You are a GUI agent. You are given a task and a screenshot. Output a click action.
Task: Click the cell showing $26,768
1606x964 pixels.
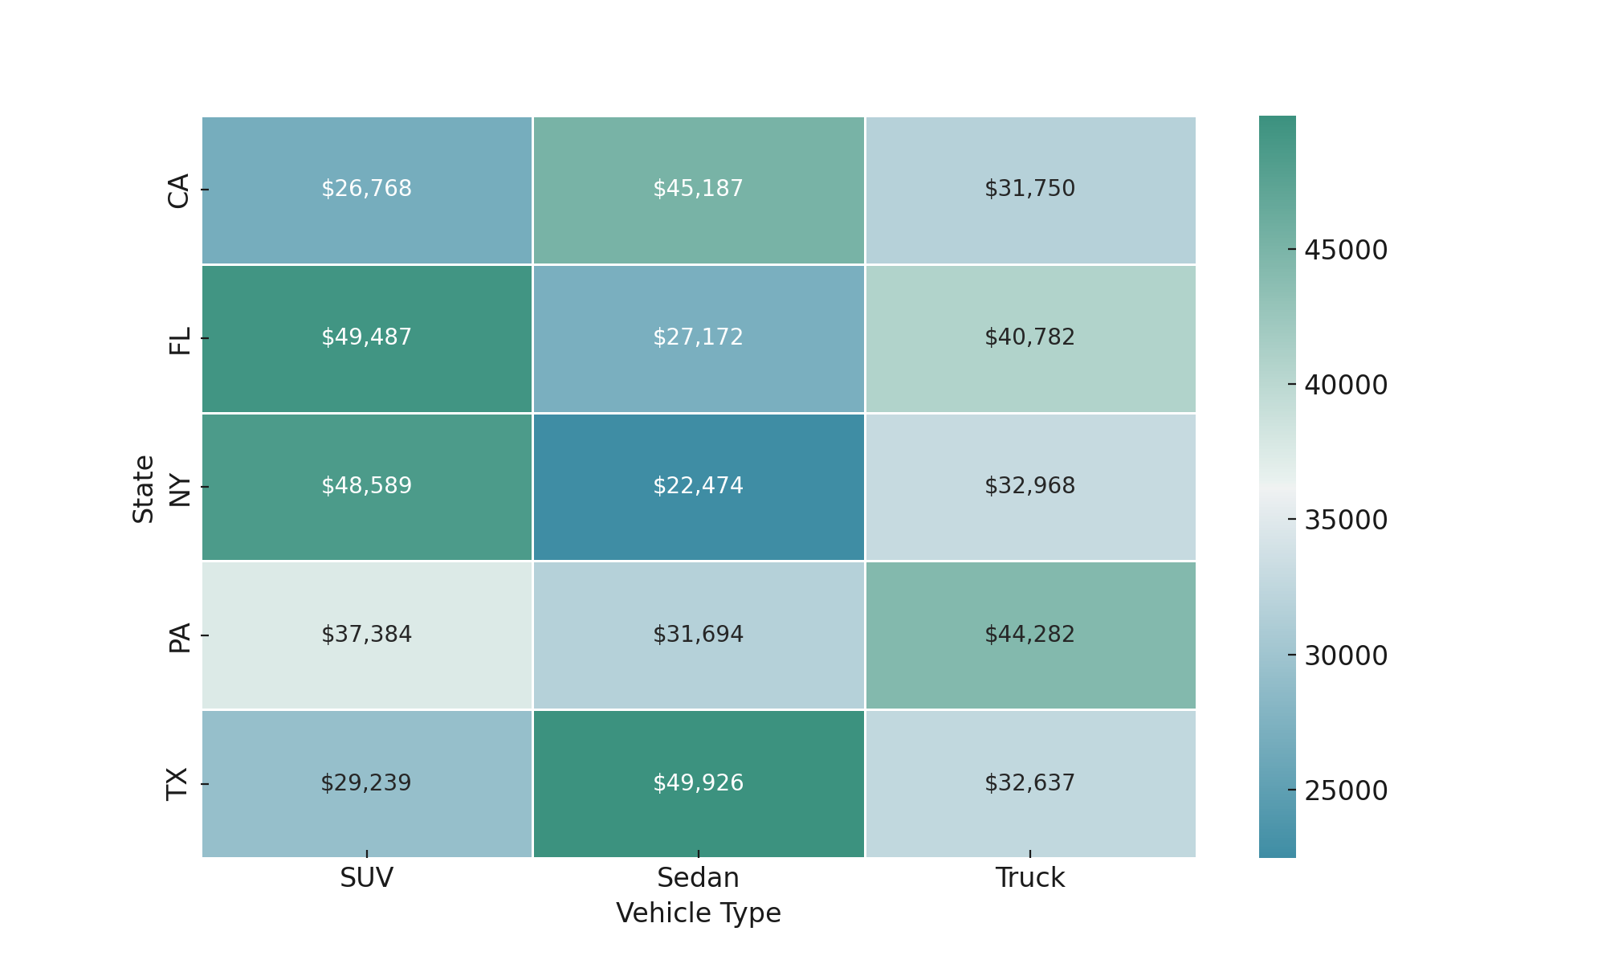coord(366,189)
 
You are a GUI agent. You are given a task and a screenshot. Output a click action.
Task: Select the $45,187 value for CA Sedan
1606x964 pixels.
coord(698,189)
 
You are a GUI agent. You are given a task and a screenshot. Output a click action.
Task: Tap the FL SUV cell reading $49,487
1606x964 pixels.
coord(366,337)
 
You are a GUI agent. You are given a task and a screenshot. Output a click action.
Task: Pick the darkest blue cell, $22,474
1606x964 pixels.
coord(698,486)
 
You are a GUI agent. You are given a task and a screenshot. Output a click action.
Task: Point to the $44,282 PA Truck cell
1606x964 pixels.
coord(1029,635)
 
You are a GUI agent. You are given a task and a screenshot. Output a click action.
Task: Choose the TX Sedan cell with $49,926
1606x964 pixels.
coord(698,783)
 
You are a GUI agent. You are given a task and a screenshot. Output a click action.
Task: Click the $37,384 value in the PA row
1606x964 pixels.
coord(366,635)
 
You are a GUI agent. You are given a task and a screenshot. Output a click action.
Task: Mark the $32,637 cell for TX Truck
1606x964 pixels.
coord(1029,783)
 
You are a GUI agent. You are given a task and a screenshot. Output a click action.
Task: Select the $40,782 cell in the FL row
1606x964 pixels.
coord(1029,337)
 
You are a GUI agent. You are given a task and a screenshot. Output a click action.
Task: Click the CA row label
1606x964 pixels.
coord(178,190)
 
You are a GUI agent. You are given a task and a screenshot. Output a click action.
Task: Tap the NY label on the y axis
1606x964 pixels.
coord(178,488)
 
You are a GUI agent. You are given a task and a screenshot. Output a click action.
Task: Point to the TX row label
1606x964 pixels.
coord(178,784)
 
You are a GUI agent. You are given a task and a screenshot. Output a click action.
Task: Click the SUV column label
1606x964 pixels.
coord(366,878)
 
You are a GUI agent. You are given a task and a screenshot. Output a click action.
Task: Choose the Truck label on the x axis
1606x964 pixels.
coord(1029,878)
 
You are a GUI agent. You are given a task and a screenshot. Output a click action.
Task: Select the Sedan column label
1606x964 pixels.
coord(698,878)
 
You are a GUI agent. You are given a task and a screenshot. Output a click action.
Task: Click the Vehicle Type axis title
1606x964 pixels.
coord(698,913)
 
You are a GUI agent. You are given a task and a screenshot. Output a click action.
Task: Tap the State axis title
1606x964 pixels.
coord(144,488)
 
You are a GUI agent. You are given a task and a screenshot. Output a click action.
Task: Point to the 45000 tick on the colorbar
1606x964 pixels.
coord(1346,251)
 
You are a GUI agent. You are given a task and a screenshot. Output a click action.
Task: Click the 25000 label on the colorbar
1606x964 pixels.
coord(1346,791)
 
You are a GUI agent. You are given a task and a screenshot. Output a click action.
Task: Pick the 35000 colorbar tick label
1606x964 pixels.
coord(1346,521)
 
